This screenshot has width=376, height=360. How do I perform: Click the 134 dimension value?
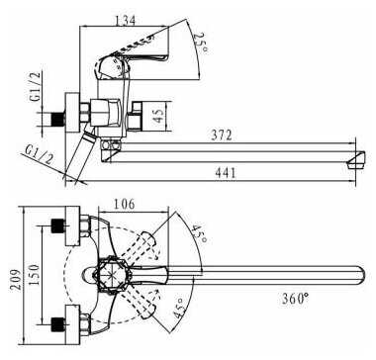point(125,21)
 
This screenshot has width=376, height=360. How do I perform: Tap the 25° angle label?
point(201,43)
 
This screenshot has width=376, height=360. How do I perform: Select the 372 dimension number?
point(222,135)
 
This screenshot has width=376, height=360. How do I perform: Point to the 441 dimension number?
point(226,173)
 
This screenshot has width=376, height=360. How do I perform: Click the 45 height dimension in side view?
point(158,116)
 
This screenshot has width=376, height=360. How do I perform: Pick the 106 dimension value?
point(124,204)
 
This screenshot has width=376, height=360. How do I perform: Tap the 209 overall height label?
point(15,280)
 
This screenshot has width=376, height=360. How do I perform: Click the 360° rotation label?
point(296,299)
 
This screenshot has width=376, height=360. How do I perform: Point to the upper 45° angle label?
point(200,233)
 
